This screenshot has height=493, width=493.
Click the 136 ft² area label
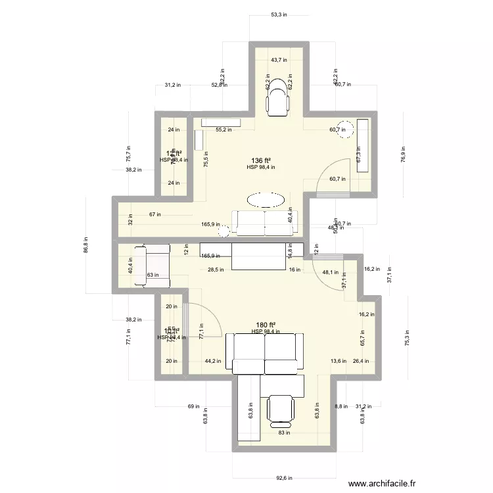(261, 160)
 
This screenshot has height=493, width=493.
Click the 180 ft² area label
(266, 325)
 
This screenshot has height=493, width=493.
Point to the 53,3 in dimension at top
(279, 14)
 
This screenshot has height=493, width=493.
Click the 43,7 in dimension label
(279, 60)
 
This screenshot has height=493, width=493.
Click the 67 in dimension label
(154, 214)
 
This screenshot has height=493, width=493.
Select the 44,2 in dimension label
(212, 361)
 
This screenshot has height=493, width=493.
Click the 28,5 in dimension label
(216, 270)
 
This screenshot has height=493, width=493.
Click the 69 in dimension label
(193, 407)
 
